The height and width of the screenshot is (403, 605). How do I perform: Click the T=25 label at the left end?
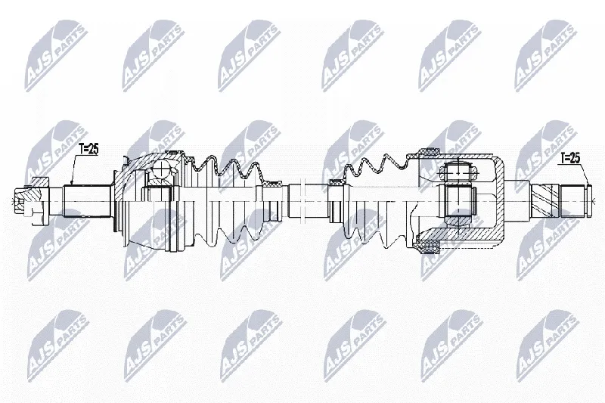(88, 149)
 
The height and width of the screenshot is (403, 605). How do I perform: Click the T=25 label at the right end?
(570, 158)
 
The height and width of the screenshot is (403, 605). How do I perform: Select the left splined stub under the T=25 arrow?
(87, 201)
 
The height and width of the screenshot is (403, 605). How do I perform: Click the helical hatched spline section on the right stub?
(544, 201)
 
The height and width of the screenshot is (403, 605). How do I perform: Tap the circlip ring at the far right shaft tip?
(589, 201)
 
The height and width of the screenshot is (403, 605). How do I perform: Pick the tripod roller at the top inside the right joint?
(458, 172)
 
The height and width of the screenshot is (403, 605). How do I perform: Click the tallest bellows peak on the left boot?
(211, 159)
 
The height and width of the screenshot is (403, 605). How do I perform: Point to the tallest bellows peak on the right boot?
(386, 157)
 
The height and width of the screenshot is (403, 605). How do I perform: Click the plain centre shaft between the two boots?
(308, 201)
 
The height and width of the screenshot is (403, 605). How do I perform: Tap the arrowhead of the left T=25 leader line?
(71, 182)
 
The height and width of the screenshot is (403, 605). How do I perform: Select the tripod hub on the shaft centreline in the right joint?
(458, 201)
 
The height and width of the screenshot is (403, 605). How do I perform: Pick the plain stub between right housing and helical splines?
(518, 201)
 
